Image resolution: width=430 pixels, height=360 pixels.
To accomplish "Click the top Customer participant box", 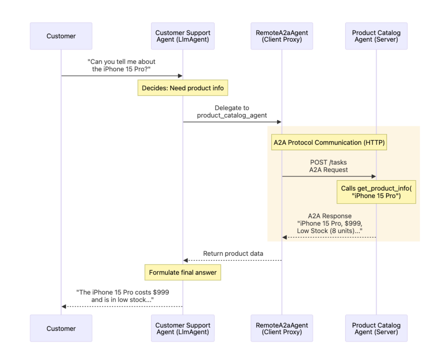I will (61, 36).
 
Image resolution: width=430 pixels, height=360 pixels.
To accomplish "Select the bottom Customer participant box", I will (61, 328).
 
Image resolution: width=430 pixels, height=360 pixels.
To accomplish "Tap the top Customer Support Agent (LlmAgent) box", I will (182, 36).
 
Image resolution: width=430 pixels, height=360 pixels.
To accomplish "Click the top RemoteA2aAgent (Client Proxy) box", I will (282, 36).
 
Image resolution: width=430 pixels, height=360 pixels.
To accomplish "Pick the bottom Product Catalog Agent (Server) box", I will (376, 328).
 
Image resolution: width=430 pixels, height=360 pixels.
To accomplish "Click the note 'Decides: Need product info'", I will (182, 88).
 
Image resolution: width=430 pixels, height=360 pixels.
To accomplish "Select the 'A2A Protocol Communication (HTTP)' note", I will (329, 142).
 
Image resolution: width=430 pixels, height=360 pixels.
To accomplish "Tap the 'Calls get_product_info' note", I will (376, 192).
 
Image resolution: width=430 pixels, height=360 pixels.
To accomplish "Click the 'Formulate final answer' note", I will (182, 272).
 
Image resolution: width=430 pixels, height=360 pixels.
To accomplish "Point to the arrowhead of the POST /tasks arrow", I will (374, 176).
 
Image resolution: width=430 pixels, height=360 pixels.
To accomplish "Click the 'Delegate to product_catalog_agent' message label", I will (232, 112).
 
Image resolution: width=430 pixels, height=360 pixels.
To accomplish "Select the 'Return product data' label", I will (233, 254).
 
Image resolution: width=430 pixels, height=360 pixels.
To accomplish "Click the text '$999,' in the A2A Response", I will (353, 223).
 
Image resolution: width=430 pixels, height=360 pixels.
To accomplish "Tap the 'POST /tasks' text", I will (328, 162).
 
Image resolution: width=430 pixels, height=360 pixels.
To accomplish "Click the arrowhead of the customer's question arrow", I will (180, 76).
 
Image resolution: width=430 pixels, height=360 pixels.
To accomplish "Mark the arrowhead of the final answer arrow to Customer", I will (64, 307).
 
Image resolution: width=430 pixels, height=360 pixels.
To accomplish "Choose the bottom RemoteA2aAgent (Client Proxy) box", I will (282, 328).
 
